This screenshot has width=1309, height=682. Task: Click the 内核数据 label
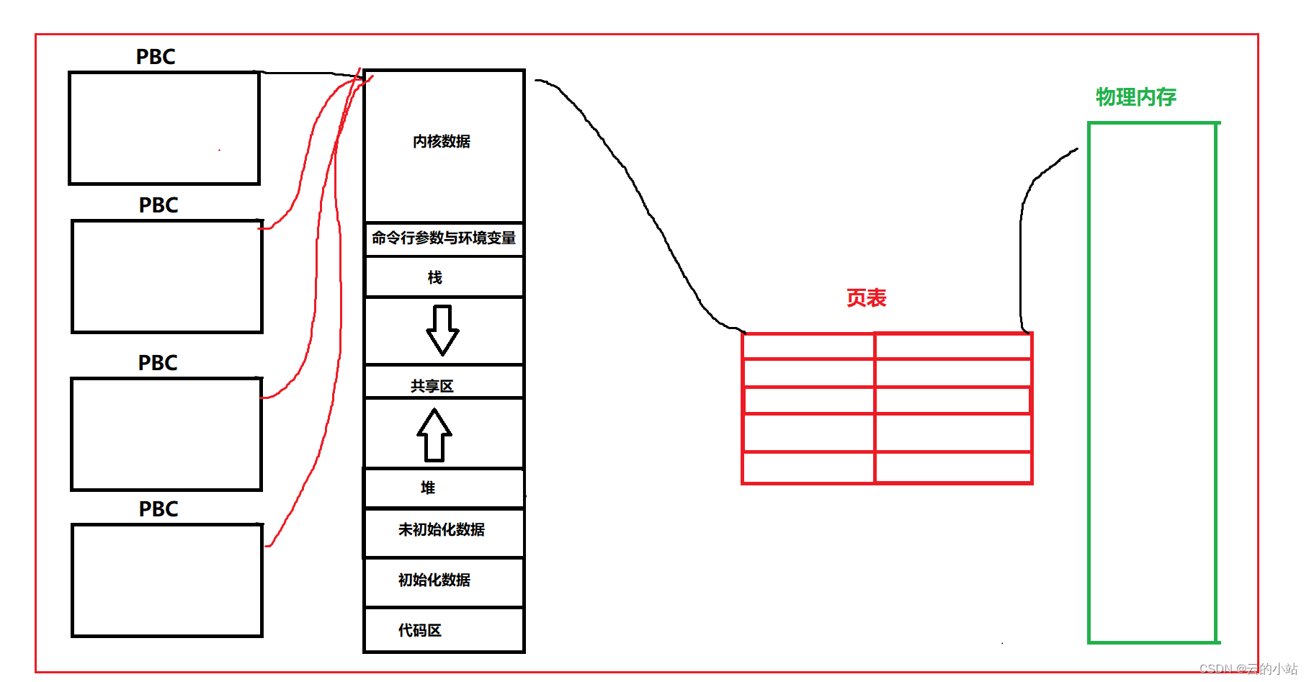click(442, 141)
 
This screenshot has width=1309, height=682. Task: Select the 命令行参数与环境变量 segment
click(444, 238)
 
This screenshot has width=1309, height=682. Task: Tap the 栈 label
click(434, 278)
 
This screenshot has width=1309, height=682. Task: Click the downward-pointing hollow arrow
click(442, 331)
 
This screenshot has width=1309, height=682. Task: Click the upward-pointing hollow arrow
click(434, 435)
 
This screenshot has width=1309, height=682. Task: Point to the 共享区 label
click(432, 387)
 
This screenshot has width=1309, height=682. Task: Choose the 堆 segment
click(428, 488)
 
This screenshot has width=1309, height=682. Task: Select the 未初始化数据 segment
click(442, 530)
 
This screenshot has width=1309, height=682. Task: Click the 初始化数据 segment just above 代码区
click(434, 580)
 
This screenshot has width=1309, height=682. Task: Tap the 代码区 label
click(420, 631)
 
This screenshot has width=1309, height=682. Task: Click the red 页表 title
click(866, 298)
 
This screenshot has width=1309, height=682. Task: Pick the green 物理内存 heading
click(1136, 97)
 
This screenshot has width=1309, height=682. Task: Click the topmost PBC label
click(156, 57)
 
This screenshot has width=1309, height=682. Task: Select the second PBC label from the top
click(158, 205)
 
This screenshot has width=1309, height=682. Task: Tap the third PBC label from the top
click(158, 363)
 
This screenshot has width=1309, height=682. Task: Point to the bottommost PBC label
click(158, 509)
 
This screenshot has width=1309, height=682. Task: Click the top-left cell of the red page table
click(808, 346)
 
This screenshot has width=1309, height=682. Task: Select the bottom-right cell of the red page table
click(953, 467)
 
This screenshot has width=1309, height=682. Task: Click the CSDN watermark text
click(1248, 669)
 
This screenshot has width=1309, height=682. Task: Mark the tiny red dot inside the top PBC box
click(220, 151)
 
